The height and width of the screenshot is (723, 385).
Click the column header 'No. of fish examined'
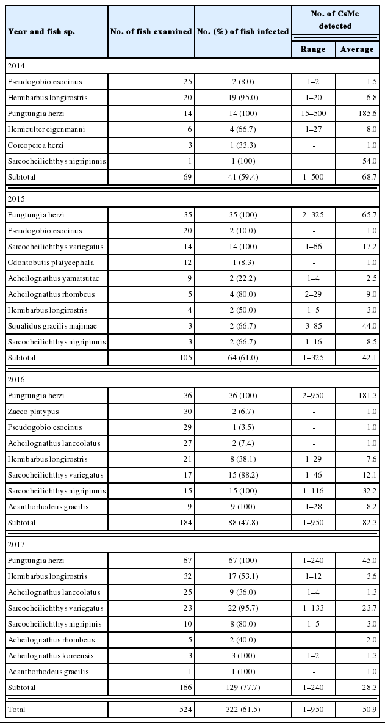(x=151, y=32)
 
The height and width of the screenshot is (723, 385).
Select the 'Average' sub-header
(x=357, y=49)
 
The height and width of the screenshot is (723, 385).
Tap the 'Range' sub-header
(x=314, y=49)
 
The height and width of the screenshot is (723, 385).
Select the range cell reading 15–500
(x=314, y=114)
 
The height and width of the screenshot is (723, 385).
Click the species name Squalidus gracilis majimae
(x=50, y=326)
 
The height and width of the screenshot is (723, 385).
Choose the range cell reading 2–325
(x=314, y=215)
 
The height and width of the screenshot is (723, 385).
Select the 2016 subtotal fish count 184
(x=185, y=523)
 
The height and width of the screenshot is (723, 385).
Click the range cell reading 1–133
(x=314, y=608)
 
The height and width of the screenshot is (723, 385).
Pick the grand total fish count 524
(x=185, y=710)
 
